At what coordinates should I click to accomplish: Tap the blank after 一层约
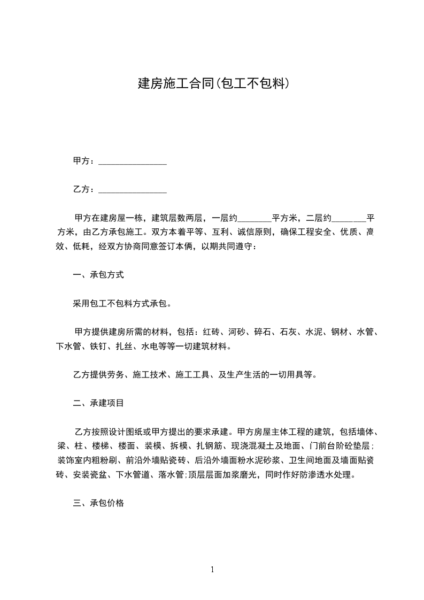pos(254,219)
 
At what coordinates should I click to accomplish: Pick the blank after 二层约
pos(349,219)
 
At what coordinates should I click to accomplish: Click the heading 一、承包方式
pos(98,275)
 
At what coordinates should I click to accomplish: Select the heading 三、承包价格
pos(98,503)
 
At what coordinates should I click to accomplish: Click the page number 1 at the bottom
pos(212,570)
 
